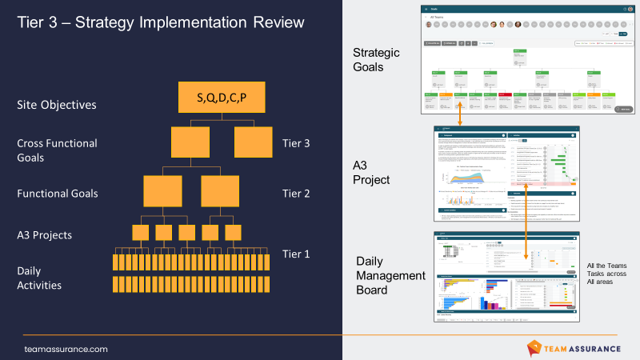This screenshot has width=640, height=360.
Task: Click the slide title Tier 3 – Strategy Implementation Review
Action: click(x=161, y=22)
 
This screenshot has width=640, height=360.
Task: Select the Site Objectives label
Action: click(x=57, y=105)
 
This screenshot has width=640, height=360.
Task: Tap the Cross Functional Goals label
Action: click(x=57, y=150)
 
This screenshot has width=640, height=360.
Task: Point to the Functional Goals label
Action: click(x=58, y=193)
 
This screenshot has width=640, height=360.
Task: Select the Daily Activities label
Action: click(x=40, y=278)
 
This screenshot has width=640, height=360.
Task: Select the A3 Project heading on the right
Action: click(x=371, y=172)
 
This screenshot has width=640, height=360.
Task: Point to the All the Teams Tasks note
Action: click(x=606, y=274)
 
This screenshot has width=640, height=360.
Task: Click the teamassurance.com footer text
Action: click(x=66, y=349)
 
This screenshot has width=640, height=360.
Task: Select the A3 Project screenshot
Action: click(x=506, y=174)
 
